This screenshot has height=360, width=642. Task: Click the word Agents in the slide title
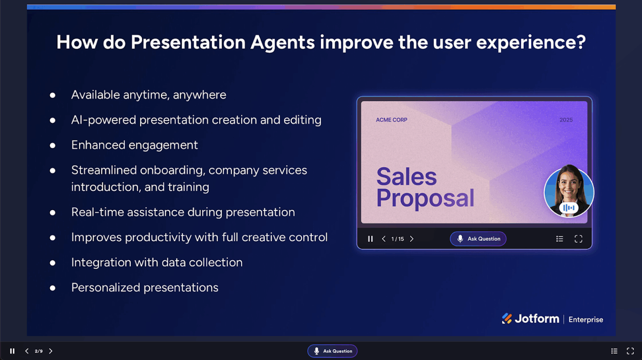282,42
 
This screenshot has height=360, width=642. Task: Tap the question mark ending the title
581,42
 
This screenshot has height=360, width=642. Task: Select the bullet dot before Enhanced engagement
53,146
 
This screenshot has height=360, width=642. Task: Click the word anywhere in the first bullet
199,95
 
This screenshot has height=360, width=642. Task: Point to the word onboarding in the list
171,170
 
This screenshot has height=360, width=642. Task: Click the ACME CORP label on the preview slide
391,120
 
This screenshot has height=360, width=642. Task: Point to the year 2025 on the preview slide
566,120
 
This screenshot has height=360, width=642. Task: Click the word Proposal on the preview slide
425,198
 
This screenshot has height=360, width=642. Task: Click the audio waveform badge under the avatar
568,208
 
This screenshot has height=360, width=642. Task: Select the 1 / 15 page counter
397,239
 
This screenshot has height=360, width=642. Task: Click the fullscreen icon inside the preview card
578,239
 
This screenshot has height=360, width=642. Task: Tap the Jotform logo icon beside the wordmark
507,319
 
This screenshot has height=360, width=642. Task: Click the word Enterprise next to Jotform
586,319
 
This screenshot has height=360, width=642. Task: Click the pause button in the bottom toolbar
12,351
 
